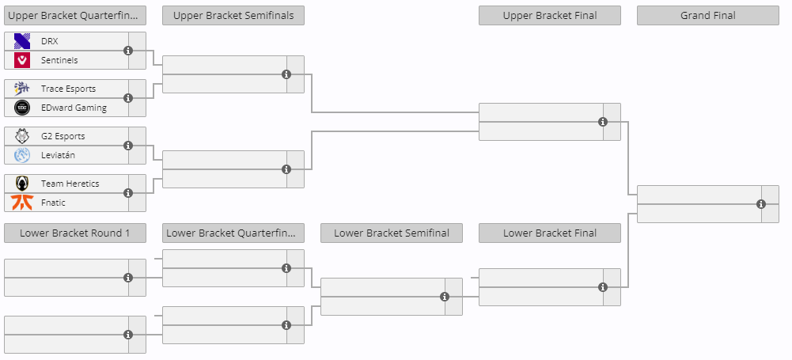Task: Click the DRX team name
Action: (50, 41)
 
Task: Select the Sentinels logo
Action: (22, 60)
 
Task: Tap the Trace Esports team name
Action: (68, 89)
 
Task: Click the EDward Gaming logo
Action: (22, 108)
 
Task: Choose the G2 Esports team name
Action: (63, 136)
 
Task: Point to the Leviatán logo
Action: (22, 155)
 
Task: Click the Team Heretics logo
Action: (22, 184)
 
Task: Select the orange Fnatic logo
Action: (22, 203)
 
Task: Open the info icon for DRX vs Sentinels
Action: (128, 51)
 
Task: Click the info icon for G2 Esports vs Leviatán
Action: (128, 146)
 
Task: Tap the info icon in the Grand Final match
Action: (761, 204)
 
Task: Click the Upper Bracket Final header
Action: (550, 16)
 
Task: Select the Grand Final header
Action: (707, 16)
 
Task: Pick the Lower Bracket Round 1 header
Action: (74, 233)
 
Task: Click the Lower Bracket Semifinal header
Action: (392, 233)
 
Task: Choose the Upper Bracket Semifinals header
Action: (233, 16)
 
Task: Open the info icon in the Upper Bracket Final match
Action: (603, 122)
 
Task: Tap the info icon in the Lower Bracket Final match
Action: (603, 287)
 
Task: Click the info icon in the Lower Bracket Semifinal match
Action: (445, 297)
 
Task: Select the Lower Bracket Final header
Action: (550, 233)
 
